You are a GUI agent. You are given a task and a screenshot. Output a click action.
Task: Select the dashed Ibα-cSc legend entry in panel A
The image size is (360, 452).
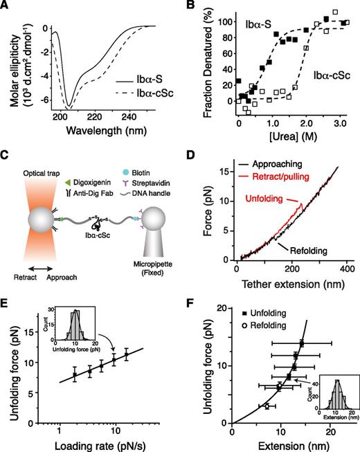click(139, 111)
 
